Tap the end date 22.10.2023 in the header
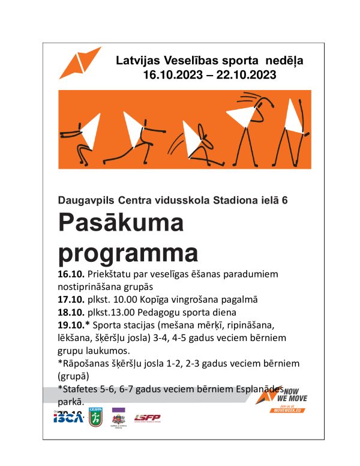tap(247, 76)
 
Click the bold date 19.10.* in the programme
tap(73, 325)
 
